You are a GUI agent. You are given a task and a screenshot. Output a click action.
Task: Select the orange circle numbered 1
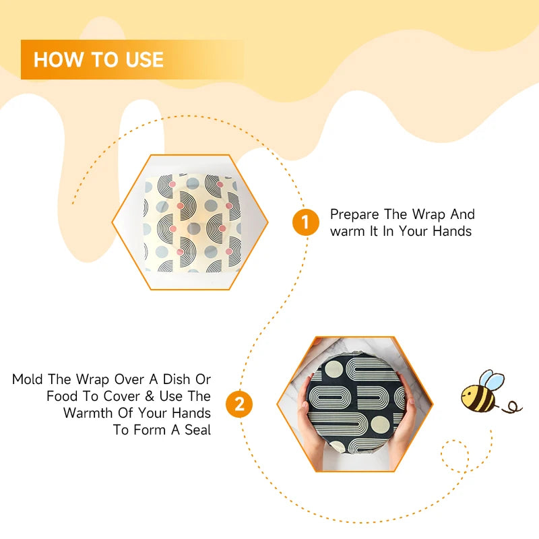click(x=305, y=222)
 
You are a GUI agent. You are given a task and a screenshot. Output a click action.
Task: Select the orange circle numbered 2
click(x=239, y=404)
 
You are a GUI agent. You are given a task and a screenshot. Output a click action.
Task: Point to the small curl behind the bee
click(x=514, y=406)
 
